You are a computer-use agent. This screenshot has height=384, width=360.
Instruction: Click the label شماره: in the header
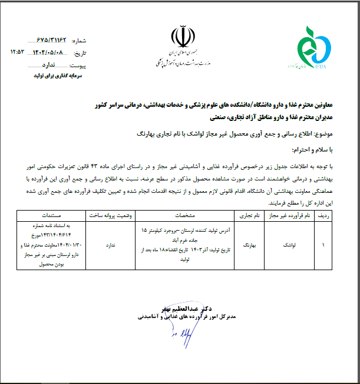(x=79, y=41)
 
